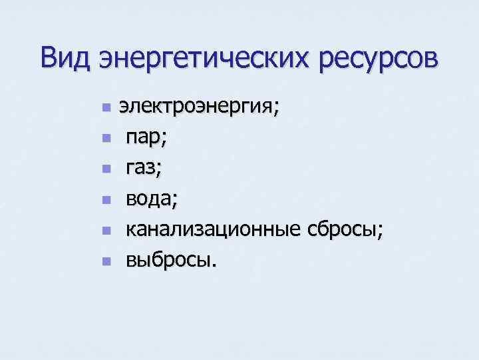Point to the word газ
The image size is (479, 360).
pyautogui.click(x=142, y=169)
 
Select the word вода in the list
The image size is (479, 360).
pyautogui.click(x=150, y=199)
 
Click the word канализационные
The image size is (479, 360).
pyautogui.click(x=213, y=230)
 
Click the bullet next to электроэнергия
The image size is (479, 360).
pyautogui.click(x=105, y=108)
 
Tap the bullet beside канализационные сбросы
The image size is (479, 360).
pyautogui.click(x=105, y=231)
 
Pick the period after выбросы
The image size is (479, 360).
pyautogui.click(x=214, y=265)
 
